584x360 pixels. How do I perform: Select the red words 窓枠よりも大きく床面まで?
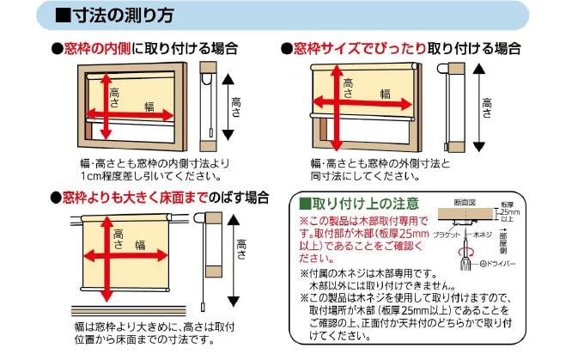[x=134, y=198]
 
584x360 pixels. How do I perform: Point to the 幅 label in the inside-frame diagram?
[x=149, y=106]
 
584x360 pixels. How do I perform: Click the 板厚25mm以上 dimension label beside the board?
[x=510, y=211]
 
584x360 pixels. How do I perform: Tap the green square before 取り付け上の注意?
[x=304, y=204]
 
